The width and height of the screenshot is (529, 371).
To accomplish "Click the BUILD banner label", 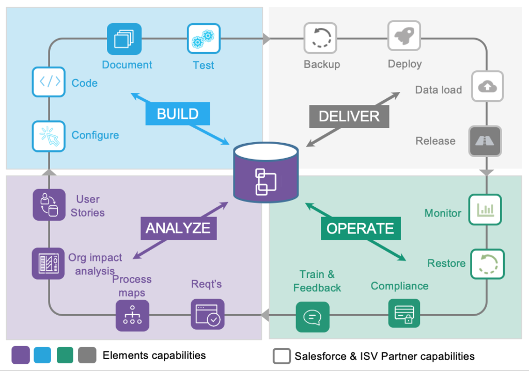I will pos(177,114).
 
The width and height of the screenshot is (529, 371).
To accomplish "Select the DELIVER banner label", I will pos(349,116).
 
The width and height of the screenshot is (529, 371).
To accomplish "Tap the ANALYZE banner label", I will pos(178,228).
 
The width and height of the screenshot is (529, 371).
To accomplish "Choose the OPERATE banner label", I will pos(360,228).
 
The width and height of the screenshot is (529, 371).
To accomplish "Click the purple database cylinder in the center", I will pos(266,173).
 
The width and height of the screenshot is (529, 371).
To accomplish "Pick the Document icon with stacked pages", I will pos(124,39).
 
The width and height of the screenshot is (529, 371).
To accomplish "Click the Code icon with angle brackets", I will pos(49,82).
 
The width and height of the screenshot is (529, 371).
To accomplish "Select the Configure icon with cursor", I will pos(49,136).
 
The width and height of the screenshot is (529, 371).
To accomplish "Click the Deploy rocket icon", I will pos(404,37).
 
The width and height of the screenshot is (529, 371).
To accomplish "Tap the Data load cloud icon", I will pos(487,87).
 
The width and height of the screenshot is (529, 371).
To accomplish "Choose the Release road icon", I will pos(485,141).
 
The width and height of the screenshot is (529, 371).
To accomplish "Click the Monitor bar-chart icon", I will pos(485,209).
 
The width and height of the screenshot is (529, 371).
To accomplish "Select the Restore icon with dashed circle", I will pos(487,264).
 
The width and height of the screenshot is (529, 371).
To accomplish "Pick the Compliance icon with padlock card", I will pos(404,313).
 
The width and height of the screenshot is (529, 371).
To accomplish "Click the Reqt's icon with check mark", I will pos(207,314).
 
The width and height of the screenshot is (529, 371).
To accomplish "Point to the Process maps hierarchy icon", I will pos(132,315).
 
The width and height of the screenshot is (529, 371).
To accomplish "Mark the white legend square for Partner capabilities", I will pos(282,355).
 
